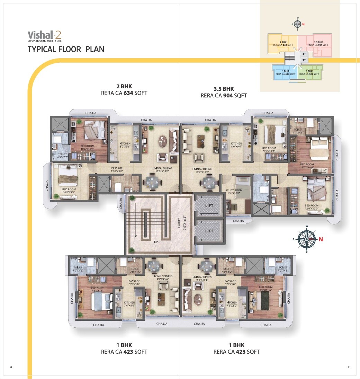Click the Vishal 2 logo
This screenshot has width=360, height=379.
[45, 36]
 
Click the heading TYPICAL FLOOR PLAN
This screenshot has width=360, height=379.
[66, 49]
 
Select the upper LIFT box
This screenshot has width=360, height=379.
[209, 206]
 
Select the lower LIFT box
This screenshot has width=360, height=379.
[209, 231]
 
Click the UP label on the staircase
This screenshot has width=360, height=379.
[156, 242]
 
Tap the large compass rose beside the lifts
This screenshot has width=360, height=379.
[307, 239]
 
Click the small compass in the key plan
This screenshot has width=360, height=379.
[297, 24]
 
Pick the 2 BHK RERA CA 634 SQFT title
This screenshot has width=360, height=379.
[124, 90]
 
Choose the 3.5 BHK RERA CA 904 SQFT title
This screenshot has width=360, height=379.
[224, 92]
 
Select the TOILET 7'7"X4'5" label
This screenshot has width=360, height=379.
[298, 131]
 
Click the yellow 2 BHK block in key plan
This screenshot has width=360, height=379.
[282, 43]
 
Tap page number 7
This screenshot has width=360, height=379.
[348, 367]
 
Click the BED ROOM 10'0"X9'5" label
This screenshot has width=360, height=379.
[69, 191]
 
